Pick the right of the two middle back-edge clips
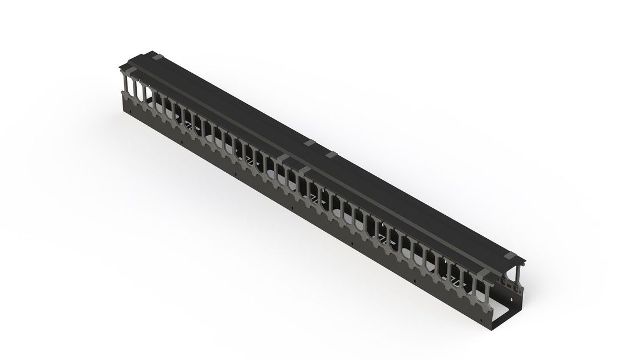pyautogui.click(x=331, y=155)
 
